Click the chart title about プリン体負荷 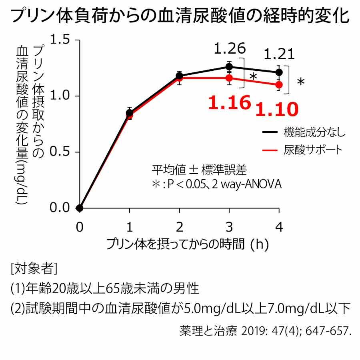point(180,16)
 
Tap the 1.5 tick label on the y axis point(61,40)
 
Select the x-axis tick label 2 point(180,227)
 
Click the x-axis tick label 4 point(279,227)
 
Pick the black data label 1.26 point(230,49)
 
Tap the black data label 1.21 point(280,54)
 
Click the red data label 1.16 point(229,103)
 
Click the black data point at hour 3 point(229,67)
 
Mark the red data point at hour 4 point(279,84)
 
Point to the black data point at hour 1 point(129,112)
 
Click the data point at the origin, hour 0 point(80,208)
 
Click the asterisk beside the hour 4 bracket point(301,82)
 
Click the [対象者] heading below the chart point(34,268)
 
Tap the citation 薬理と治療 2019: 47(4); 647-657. point(264,332)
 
